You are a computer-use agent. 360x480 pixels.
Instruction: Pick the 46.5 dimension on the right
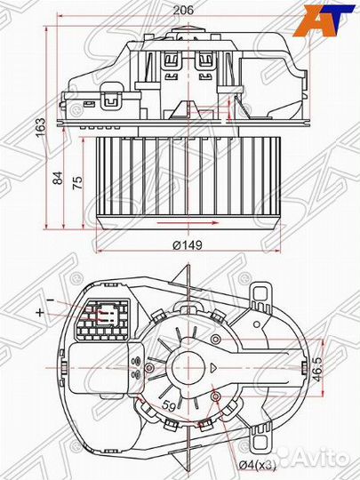click(x=316, y=367)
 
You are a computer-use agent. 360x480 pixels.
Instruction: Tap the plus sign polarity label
click(x=40, y=313)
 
